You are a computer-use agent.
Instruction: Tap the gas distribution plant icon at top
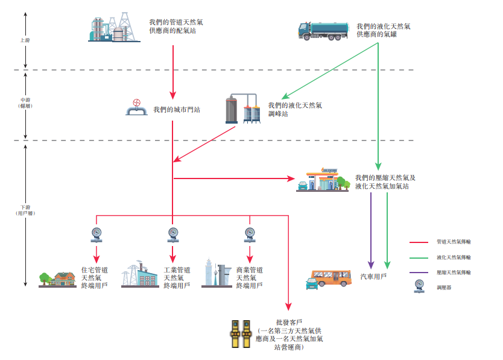pos(112,27)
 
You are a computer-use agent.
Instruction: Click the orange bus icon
pos(330,279)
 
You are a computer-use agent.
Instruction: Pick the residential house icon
pos(58,279)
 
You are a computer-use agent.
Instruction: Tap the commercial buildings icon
pos(216,275)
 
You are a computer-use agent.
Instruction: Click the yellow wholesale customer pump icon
pos(240,333)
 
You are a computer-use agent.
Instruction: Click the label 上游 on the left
pos(25,40)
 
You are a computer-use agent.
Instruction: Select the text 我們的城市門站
pos(177,110)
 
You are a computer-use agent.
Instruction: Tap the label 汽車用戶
pos(374,276)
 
